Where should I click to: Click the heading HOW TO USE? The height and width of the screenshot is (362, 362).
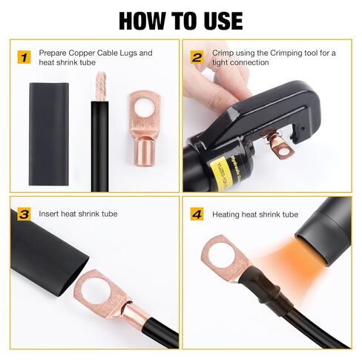point(180,19)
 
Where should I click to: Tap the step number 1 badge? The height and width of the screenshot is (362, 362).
point(25,56)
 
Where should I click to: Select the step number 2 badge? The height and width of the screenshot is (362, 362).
point(197,56)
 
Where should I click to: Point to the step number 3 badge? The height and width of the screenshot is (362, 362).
point(25,214)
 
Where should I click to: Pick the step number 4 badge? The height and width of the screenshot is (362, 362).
point(197,214)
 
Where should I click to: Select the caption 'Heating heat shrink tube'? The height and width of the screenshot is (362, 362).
point(255,214)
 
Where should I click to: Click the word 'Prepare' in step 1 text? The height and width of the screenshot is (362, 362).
point(55,53)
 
